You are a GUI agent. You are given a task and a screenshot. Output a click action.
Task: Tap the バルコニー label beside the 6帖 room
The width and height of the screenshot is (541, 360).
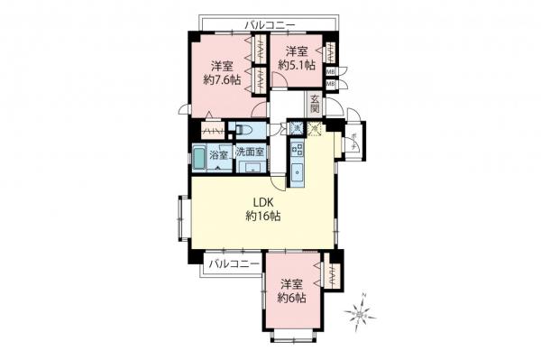[x=233, y=263]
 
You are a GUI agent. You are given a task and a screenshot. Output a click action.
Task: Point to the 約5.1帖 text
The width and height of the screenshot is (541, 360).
[x=297, y=65]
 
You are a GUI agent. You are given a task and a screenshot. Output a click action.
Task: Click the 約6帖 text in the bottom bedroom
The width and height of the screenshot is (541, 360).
[x=291, y=298]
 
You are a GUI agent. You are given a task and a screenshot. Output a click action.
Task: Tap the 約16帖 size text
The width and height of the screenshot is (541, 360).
[x=262, y=217]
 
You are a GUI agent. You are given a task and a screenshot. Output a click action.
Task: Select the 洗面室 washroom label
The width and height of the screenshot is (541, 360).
[x=249, y=153]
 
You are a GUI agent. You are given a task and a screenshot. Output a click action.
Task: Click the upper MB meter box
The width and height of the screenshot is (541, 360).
[x=331, y=72]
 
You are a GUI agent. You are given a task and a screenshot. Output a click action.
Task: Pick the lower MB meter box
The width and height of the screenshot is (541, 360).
[x=331, y=85]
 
